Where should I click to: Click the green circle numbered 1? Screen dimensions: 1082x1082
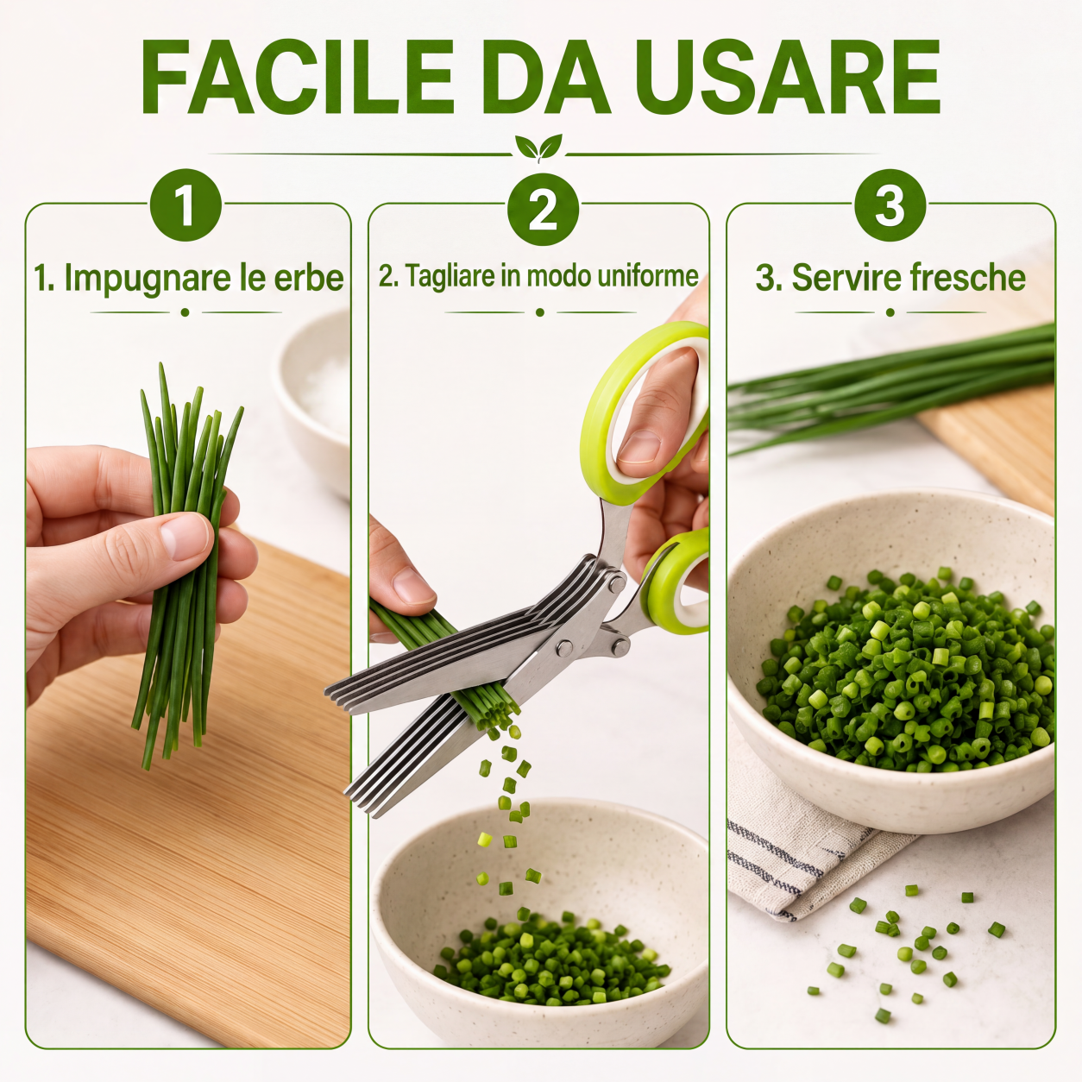(186, 205)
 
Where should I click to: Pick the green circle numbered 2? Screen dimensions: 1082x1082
(543, 209)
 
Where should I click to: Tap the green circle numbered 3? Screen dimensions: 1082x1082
(890, 205)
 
